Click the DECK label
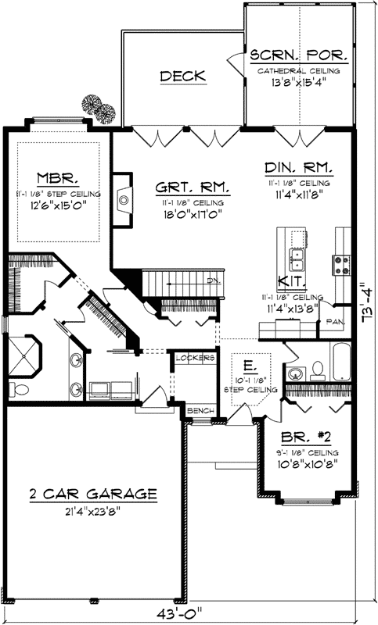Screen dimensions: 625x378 tap(183, 76)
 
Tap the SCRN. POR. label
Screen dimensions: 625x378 tap(298, 56)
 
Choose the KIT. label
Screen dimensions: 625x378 tap(291, 282)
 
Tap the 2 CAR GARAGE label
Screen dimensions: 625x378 tap(93, 495)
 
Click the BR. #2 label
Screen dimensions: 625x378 tap(297, 439)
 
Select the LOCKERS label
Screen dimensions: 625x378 tap(195, 358)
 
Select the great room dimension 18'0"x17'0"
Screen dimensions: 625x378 tap(192, 213)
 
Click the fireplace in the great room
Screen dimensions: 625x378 tap(123, 200)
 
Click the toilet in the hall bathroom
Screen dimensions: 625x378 tap(316, 368)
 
